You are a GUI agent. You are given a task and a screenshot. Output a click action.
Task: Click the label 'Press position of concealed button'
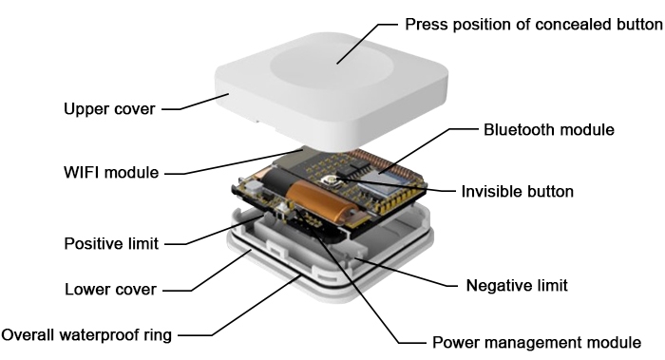coord(533,24)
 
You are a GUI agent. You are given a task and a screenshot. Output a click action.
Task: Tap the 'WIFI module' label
coord(104,173)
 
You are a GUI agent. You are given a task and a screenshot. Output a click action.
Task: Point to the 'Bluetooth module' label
coord(549,128)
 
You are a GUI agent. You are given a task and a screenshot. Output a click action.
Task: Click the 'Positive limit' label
coord(110,242)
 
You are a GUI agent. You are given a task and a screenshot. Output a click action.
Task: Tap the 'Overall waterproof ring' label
coord(87,334)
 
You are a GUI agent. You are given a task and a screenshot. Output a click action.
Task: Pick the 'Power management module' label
coord(536,342)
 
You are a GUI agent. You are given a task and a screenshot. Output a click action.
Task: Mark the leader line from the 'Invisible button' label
coord(418,188)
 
